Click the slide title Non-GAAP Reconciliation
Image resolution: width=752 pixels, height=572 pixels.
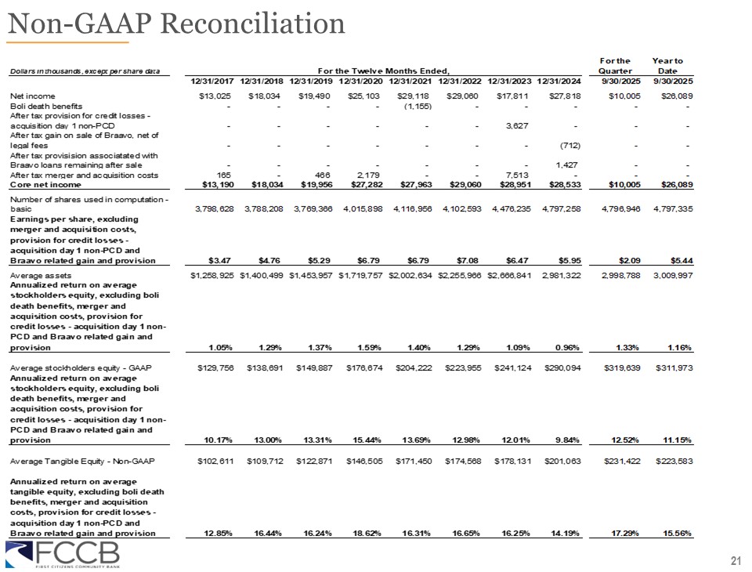176,24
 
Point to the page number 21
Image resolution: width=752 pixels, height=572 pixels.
735,560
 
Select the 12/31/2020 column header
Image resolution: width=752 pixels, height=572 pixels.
362,81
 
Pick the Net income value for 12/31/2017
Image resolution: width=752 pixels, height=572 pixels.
211,96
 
